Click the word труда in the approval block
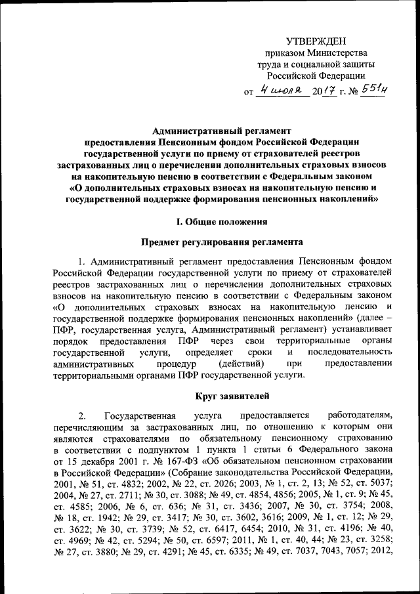(276, 64)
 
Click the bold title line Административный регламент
(221, 131)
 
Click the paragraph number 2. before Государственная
(81, 416)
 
